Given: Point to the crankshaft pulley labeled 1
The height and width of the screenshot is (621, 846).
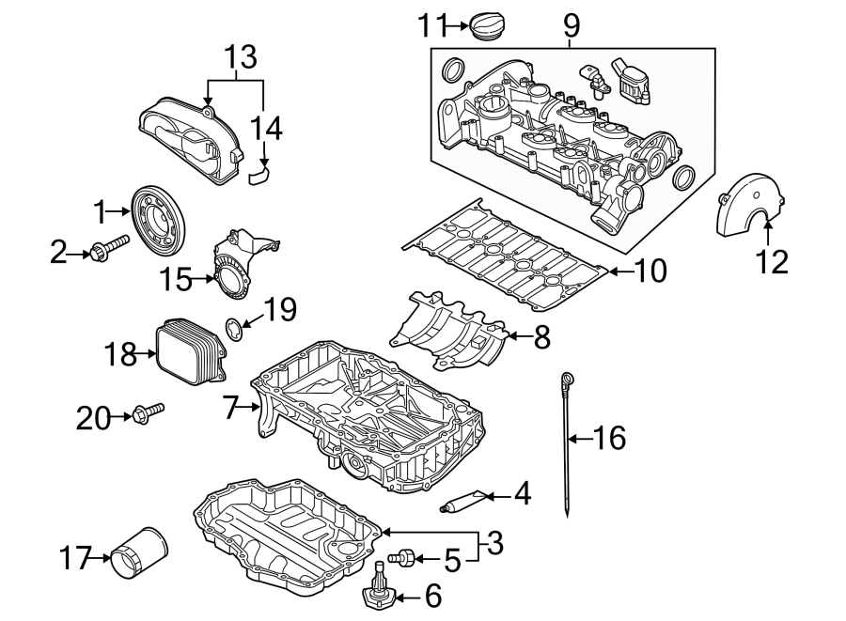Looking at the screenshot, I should (160, 219).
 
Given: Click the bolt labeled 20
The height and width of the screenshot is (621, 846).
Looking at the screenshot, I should (149, 413).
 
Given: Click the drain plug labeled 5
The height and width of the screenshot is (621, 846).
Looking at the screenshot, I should (402, 558).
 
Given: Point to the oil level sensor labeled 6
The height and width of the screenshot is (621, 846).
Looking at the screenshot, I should (380, 589).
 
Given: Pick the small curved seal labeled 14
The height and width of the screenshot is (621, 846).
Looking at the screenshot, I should (259, 173).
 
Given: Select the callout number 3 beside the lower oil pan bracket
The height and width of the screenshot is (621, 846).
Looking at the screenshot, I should (493, 542).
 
